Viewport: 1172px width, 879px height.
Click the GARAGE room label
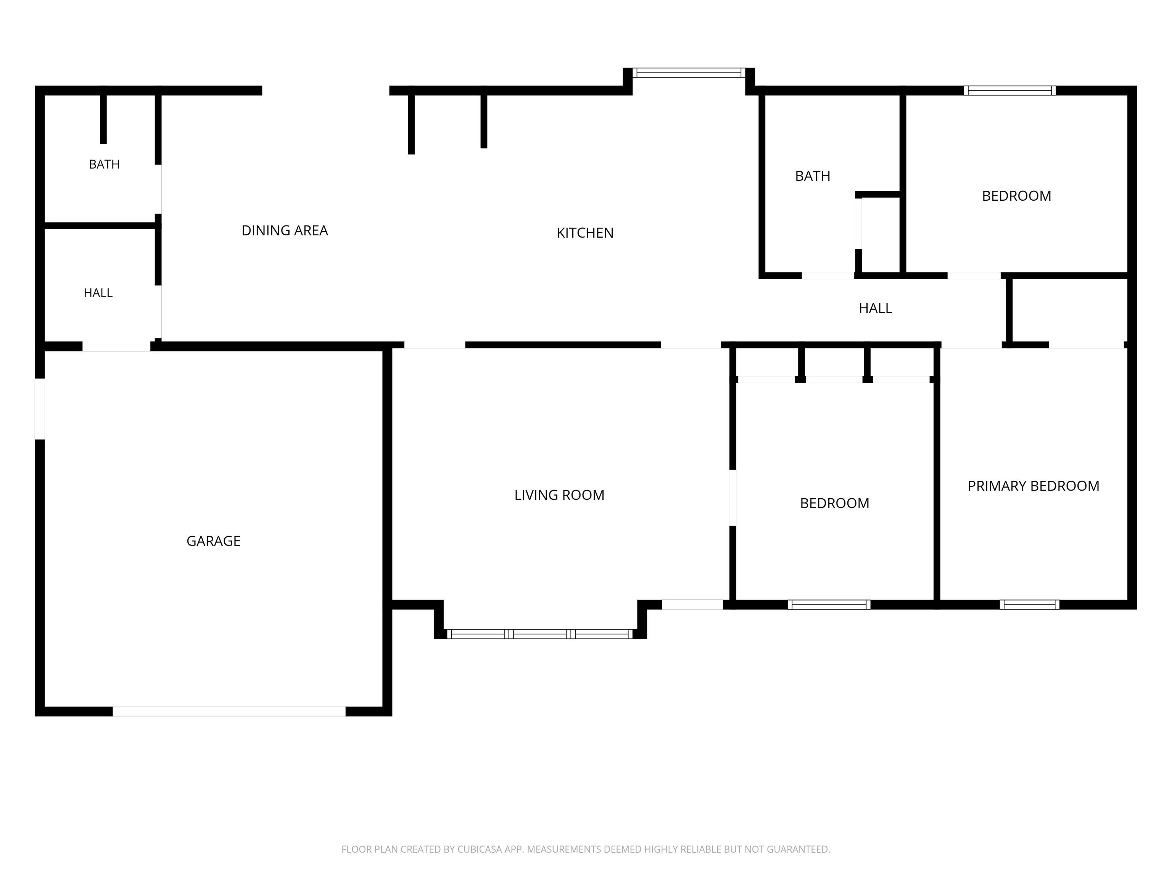click(214, 541)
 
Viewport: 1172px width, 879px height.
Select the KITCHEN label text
click(585, 233)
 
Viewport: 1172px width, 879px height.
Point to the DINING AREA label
click(285, 230)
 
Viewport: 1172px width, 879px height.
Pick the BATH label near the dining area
click(105, 164)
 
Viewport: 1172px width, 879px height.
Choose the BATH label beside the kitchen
click(812, 176)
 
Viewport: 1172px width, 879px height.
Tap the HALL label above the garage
click(98, 293)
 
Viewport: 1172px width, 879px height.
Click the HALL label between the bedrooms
click(875, 308)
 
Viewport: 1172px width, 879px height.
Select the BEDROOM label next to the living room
click(834, 503)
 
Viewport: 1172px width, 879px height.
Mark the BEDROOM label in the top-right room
click(1016, 196)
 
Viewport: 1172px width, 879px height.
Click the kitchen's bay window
click(689, 72)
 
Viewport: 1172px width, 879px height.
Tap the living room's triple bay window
click(540, 634)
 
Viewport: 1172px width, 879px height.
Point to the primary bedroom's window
click(1029, 605)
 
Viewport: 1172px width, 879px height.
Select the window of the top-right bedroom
click(1010, 90)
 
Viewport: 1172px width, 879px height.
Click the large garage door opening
click(229, 712)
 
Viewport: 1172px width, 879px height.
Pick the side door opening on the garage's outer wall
click(40, 409)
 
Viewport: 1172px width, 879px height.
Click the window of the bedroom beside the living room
click(829, 605)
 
